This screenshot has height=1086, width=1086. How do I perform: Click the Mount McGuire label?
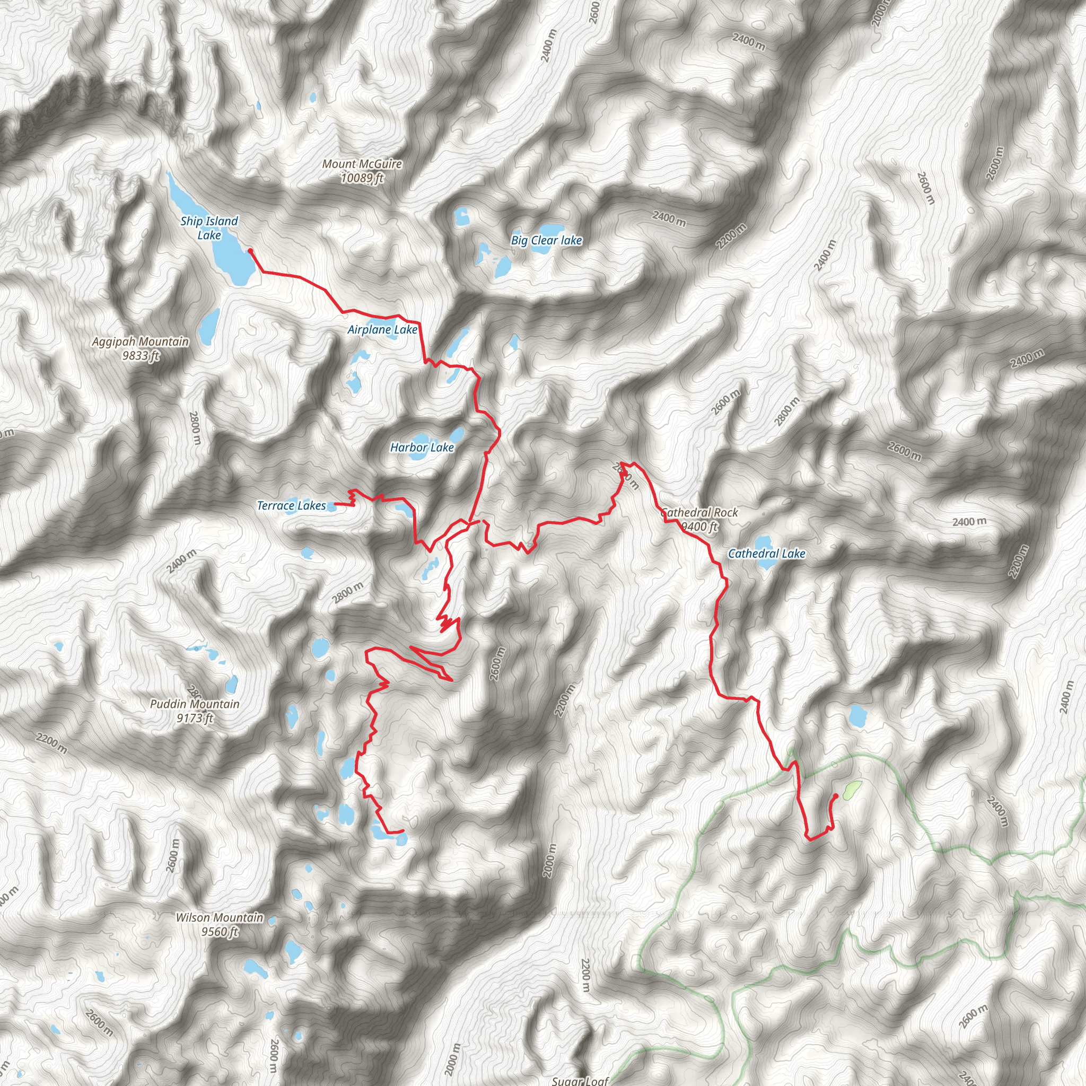362,164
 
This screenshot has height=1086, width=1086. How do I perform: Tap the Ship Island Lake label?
209,227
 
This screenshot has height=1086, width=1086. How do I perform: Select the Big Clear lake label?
546,241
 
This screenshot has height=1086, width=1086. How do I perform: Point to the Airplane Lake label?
382,330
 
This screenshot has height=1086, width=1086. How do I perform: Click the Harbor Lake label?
422,448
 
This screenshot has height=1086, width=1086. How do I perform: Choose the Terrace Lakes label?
291,506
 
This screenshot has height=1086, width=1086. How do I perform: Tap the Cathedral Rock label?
700,513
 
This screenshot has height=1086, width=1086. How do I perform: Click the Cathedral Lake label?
767,554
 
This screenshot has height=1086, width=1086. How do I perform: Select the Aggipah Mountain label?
141,342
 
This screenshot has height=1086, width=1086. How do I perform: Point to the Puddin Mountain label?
195,704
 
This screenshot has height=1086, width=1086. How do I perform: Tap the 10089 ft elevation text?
362,179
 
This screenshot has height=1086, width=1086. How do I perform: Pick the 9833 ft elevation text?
141,356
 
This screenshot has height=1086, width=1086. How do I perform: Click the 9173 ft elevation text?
195,719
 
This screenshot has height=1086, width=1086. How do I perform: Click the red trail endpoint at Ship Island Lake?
250,251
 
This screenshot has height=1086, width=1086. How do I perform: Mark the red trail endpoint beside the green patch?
836,796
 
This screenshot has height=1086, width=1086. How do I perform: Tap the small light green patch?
852,790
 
